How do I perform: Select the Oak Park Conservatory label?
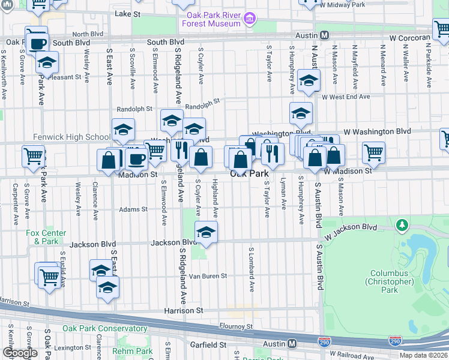[x=104, y=328]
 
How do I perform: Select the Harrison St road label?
[x=184, y=311]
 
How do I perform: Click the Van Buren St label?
[x=208, y=276]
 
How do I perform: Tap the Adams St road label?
[x=133, y=209]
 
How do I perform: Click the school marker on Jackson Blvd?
[x=206, y=233]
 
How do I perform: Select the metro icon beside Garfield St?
[x=292, y=344]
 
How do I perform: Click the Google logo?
[x=20, y=353]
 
